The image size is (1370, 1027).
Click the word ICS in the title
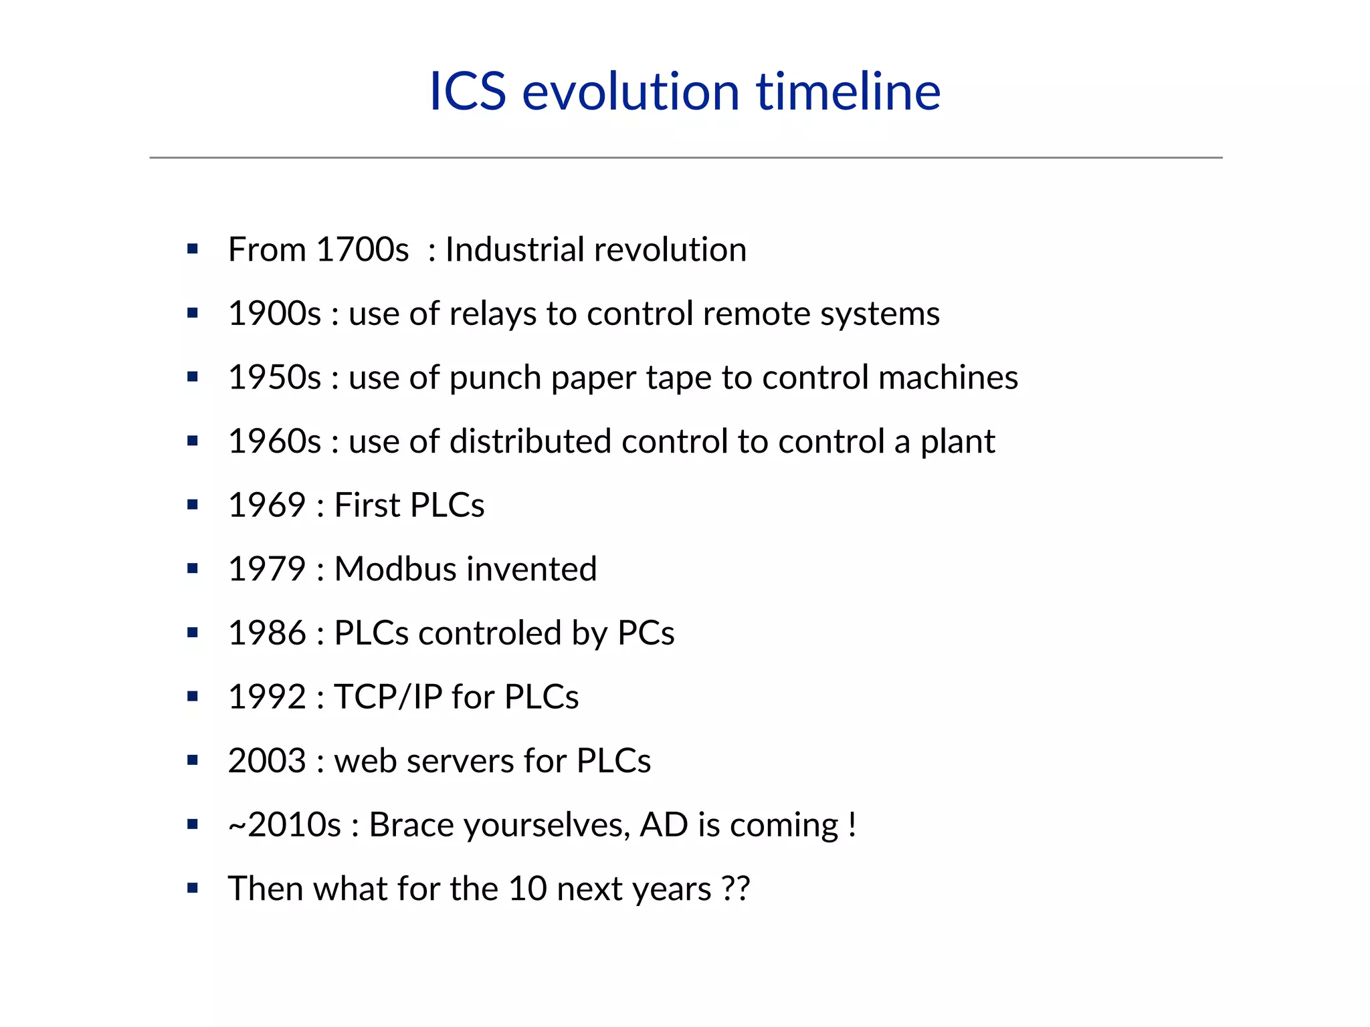coord(467,92)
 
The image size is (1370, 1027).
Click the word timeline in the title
coord(848,92)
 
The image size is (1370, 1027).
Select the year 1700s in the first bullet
coord(362,250)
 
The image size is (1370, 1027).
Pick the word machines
coord(948,378)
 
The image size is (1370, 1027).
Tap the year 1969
coord(267,505)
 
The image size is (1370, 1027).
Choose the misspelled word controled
coord(490,633)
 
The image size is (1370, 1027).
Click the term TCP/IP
coord(388,697)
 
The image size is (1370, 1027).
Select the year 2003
coord(267,762)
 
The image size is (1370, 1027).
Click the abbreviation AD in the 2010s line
coord(664,825)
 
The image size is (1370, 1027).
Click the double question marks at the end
coord(737,889)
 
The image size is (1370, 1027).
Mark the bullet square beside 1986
coord(193,633)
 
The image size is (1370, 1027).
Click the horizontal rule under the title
coord(685,158)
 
